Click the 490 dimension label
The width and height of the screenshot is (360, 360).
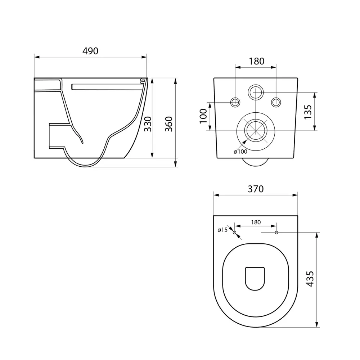[90, 51]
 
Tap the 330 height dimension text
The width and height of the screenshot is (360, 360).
[148, 124]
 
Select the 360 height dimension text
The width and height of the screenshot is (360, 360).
[169, 124]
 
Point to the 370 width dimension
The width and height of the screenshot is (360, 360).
[256, 189]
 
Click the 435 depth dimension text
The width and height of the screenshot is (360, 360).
[310, 279]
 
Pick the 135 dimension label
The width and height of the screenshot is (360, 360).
[308, 112]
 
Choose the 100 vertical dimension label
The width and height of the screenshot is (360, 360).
[203, 116]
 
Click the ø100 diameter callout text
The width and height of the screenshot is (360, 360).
[240, 152]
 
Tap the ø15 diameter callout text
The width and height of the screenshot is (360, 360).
[222, 230]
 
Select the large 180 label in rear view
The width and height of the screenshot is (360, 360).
[257, 61]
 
